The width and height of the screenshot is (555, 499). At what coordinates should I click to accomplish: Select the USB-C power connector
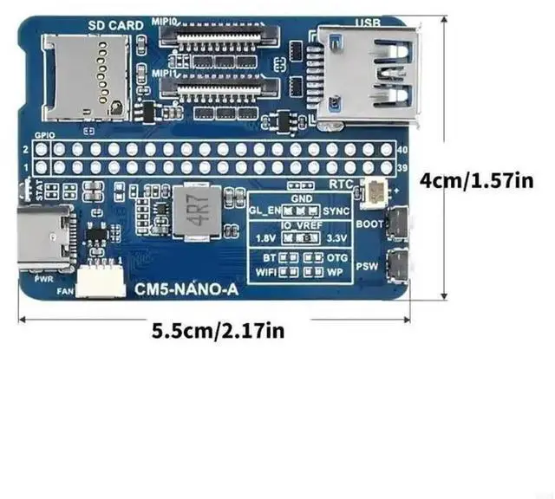click(45, 236)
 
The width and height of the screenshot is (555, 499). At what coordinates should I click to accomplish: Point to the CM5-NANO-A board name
click(186, 291)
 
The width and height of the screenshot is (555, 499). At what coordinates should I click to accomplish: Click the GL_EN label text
click(264, 211)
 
